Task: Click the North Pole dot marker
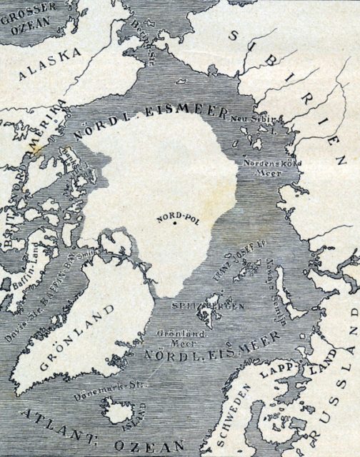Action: (174, 224)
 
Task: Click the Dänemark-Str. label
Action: (100, 396)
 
